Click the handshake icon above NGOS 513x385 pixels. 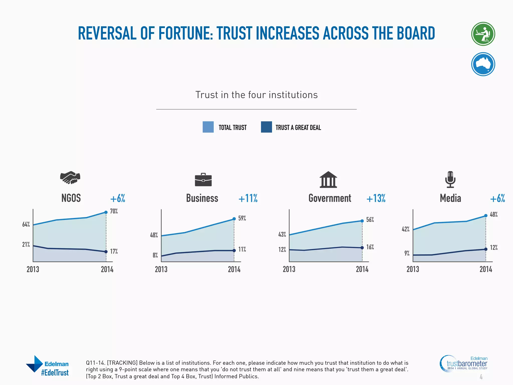[x=70, y=178]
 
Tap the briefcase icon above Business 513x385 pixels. [x=203, y=180]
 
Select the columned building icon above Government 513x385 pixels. [x=328, y=179]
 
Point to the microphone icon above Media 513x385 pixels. [x=450, y=179]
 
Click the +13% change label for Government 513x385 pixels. [x=376, y=198]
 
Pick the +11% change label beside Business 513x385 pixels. [x=248, y=198]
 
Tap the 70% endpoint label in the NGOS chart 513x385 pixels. [x=114, y=211]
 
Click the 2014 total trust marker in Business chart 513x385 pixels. [x=234, y=219]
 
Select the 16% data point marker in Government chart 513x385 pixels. [x=362, y=248]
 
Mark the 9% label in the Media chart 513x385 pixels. [x=407, y=253]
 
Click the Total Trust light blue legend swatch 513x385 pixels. [x=208, y=127]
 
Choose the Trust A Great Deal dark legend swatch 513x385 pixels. [x=266, y=127]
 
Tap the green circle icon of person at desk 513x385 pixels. [x=483, y=34]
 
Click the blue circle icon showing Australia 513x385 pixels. [x=483, y=64]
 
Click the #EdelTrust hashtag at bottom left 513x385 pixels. [x=55, y=373]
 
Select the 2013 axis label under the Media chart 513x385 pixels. [x=413, y=269]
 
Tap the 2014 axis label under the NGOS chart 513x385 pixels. [x=107, y=269]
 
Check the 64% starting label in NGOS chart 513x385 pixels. [x=26, y=224]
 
